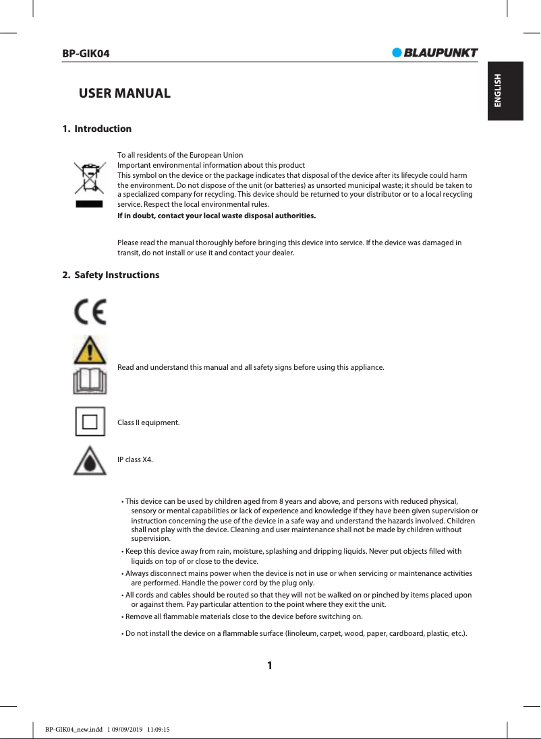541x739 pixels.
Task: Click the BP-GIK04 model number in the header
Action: [x=86, y=53]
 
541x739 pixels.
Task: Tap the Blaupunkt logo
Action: [x=435, y=53]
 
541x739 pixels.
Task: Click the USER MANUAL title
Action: [x=125, y=93]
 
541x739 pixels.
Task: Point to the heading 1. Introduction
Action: [x=96, y=129]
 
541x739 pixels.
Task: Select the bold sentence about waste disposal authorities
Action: [x=217, y=216]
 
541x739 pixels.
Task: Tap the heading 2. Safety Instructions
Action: [x=111, y=275]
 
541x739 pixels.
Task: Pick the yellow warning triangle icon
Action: [x=90, y=350]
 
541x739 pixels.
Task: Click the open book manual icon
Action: [x=90, y=381]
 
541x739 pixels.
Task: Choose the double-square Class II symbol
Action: [x=90, y=422]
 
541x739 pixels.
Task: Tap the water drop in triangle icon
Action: [x=90, y=461]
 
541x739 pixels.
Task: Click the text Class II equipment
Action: [x=148, y=422]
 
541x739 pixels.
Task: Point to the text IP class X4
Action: [x=135, y=460]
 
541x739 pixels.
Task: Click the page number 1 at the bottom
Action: [x=270, y=666]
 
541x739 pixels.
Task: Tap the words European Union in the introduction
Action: [x=220, y=155]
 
